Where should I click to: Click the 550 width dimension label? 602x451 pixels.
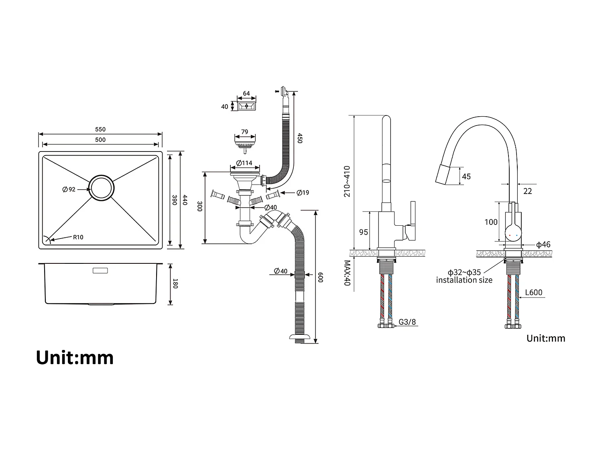100,129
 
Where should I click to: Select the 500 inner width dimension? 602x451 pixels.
100,140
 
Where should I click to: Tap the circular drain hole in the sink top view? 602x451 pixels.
101,187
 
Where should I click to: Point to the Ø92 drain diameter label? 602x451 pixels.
69,189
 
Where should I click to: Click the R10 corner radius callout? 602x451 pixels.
78,237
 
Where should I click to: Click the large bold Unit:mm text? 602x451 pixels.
75,357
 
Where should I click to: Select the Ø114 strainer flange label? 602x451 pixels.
244,163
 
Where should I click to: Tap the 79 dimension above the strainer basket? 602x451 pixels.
244,132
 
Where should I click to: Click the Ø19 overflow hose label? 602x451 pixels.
303,193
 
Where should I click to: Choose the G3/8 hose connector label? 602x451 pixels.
407,322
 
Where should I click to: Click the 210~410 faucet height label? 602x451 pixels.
347,181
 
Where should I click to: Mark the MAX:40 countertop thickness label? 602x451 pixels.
347,273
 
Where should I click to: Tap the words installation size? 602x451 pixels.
464,280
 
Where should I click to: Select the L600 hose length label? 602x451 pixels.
534,292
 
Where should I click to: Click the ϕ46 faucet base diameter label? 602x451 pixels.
543,245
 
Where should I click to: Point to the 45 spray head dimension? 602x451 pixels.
466,176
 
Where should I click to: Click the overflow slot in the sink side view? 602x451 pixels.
100,271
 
